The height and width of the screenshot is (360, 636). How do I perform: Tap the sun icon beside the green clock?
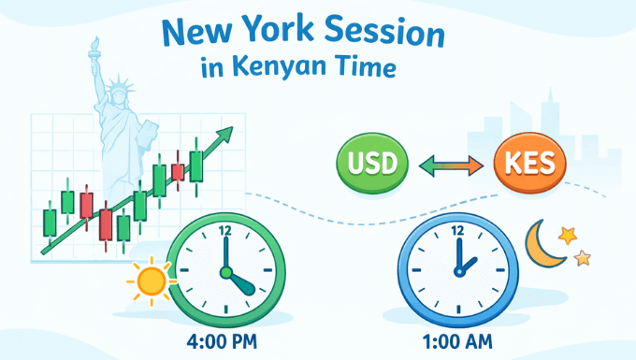tap(150, 280)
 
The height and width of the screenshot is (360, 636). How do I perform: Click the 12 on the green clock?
tap(224, 230)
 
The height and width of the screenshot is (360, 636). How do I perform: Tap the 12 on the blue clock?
tap(457, 230)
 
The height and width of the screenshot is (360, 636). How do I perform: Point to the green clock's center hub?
tap(224, 272)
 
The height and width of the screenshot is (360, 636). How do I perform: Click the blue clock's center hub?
tap(457, 272)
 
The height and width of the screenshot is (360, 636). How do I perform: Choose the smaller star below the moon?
tap(582, 257)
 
